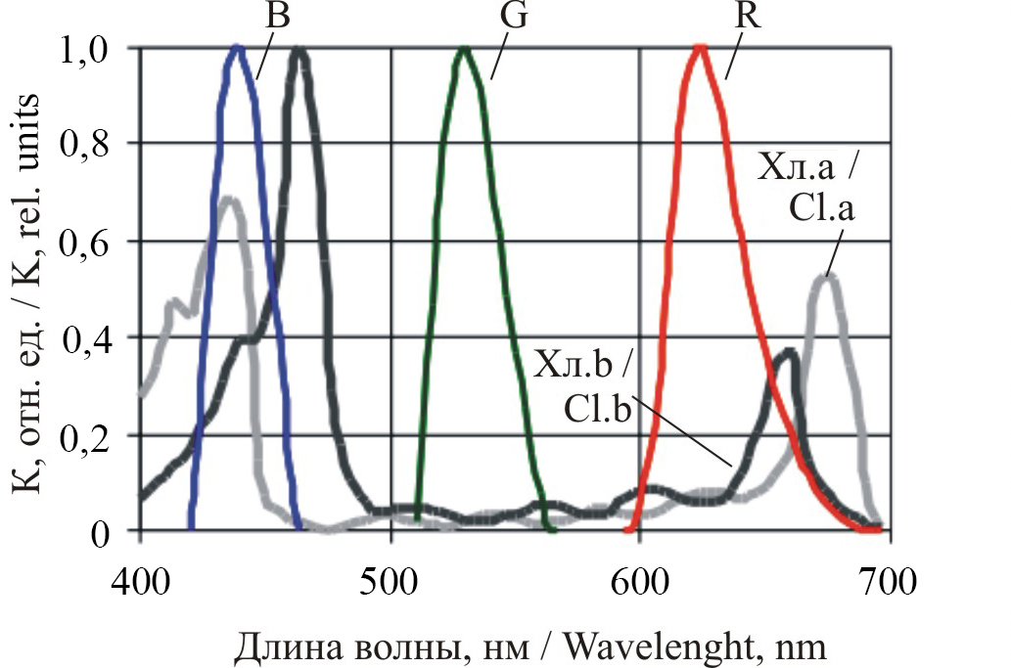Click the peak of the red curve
point(699,47)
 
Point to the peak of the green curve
point(464,48)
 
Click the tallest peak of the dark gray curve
point(299,51)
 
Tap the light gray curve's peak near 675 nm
point(828,277)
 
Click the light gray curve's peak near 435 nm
point(230,200)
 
